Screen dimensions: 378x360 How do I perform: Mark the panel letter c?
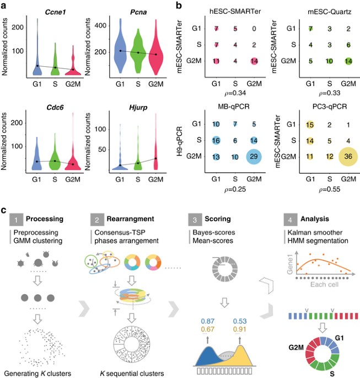tap(5, 210)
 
